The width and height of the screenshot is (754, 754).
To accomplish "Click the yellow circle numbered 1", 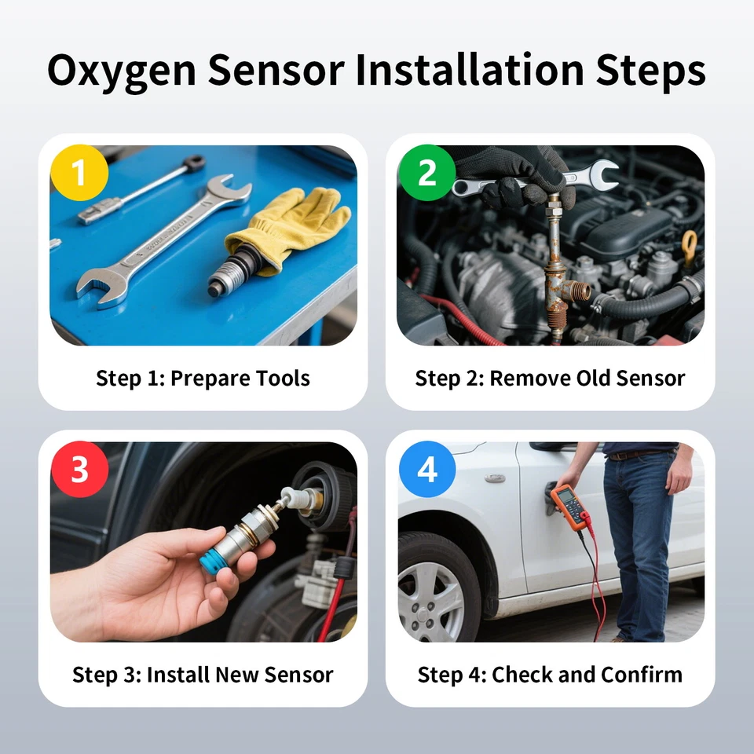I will coord(79,173).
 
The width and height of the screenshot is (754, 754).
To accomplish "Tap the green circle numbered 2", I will coord(426,173).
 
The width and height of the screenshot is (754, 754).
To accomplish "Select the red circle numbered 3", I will coord(79,469).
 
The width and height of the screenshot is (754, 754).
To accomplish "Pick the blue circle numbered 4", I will coord(426,469).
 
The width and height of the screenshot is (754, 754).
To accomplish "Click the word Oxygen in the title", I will coord(119,71).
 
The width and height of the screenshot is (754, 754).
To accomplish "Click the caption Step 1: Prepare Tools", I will coord(203,378).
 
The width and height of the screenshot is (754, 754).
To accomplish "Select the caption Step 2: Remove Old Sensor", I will coord(550,378).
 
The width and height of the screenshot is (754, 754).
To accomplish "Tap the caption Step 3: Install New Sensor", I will coord(203,674).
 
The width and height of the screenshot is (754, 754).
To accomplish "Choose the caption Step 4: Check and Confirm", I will coord(550,674).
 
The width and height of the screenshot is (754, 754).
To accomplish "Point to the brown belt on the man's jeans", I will coord(636,454).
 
